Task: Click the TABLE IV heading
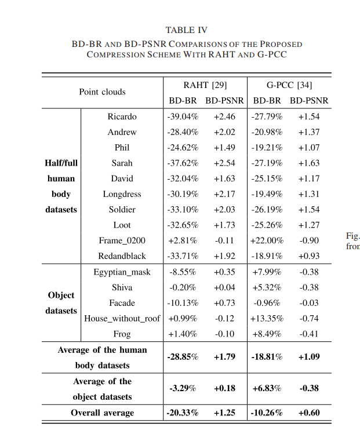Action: (186, 30)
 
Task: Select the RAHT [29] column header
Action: (205, 85)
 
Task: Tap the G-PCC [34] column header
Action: (289, 85)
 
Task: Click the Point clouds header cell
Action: (102, 92)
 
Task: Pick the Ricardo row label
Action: (122, 116)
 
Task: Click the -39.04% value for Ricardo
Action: (183, 116)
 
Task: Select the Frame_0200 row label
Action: (122, 240)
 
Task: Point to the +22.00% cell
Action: (267, 240)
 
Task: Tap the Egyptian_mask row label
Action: (122, 272)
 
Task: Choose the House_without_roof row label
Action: (122, 318)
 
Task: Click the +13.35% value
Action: (267, 318)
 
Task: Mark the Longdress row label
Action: (122, 194)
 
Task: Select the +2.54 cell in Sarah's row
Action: (224, 163)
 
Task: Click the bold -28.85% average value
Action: (183, 357)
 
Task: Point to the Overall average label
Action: (102, 413)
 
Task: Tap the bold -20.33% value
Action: (183, 413)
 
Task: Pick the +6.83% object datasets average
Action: (267, 388)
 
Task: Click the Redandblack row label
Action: (122, 256)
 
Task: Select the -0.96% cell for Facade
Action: (267, 303)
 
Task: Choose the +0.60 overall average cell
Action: (309, 413)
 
